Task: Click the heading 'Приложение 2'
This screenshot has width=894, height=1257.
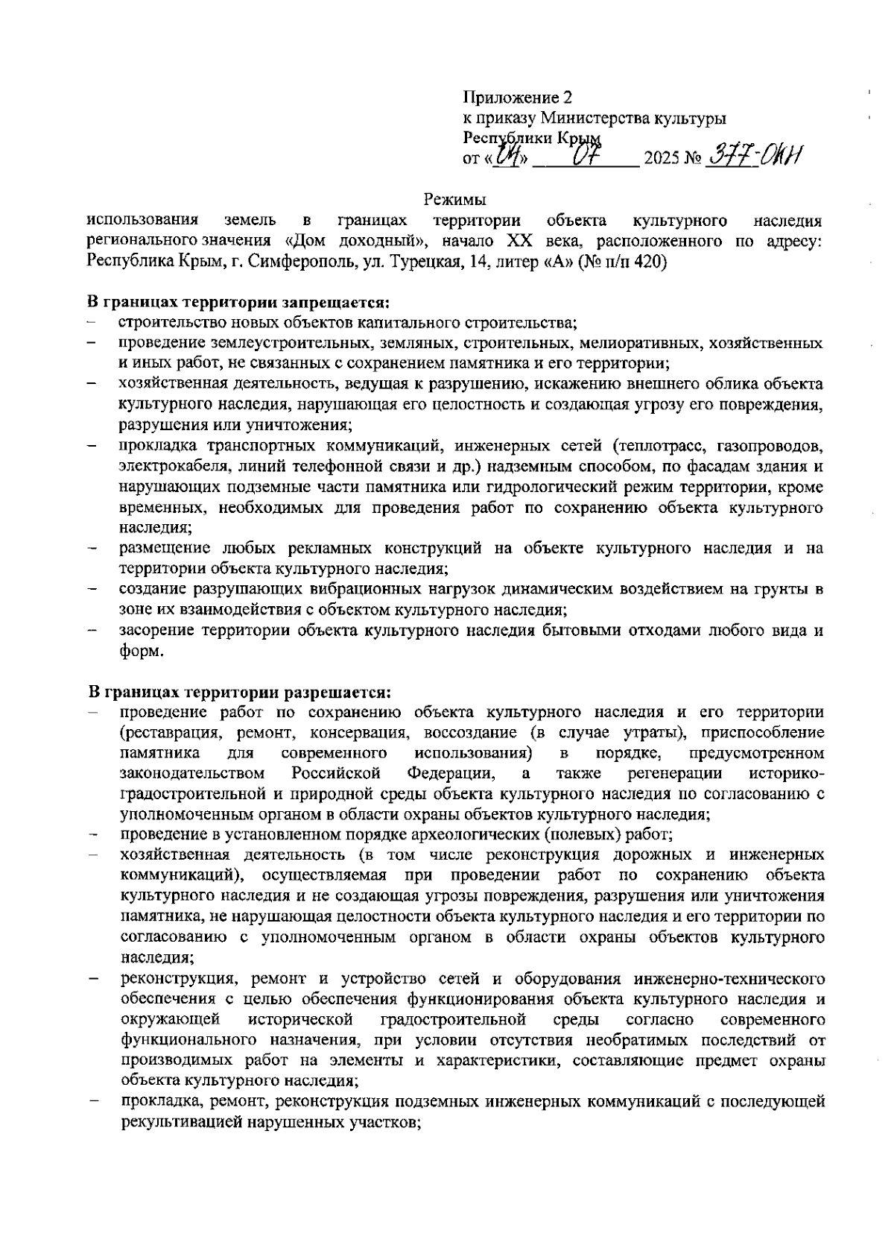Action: [x=519, y=98]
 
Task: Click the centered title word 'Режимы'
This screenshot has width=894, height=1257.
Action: [x=454, y=200]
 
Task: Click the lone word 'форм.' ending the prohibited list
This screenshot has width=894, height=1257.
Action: [x=141, y=651]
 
